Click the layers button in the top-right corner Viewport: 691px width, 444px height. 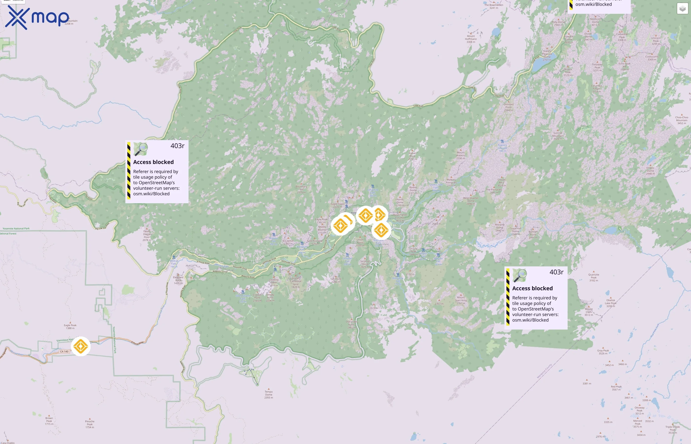(x=682, y=9)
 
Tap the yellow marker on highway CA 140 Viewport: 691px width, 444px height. (x=80, y=346)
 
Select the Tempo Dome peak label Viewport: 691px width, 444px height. (x=269, y=394)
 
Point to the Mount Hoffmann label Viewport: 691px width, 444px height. (x=471, y=39)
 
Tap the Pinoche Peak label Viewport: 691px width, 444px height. (x=90, y=424)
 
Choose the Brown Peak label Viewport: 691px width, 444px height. (x=49, y=421)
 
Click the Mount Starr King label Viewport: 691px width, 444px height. (x=461, y=300)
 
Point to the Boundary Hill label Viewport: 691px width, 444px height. (x=301, y=189)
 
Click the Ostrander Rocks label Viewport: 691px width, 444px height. (x=352, y=324)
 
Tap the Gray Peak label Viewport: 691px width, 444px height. (x=603, y=352)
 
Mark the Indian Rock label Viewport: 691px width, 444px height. (x=412, y=156)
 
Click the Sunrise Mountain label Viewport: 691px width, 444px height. (x=557, y=136)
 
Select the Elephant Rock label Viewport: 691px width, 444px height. (x=178, y=280)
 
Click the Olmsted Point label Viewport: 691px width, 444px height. (x=508, y=107)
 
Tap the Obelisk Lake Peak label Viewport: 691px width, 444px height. (x=611, y=303)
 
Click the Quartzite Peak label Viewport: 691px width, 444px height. (x=594, y=277)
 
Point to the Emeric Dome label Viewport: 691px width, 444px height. (x=650, y=171)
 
